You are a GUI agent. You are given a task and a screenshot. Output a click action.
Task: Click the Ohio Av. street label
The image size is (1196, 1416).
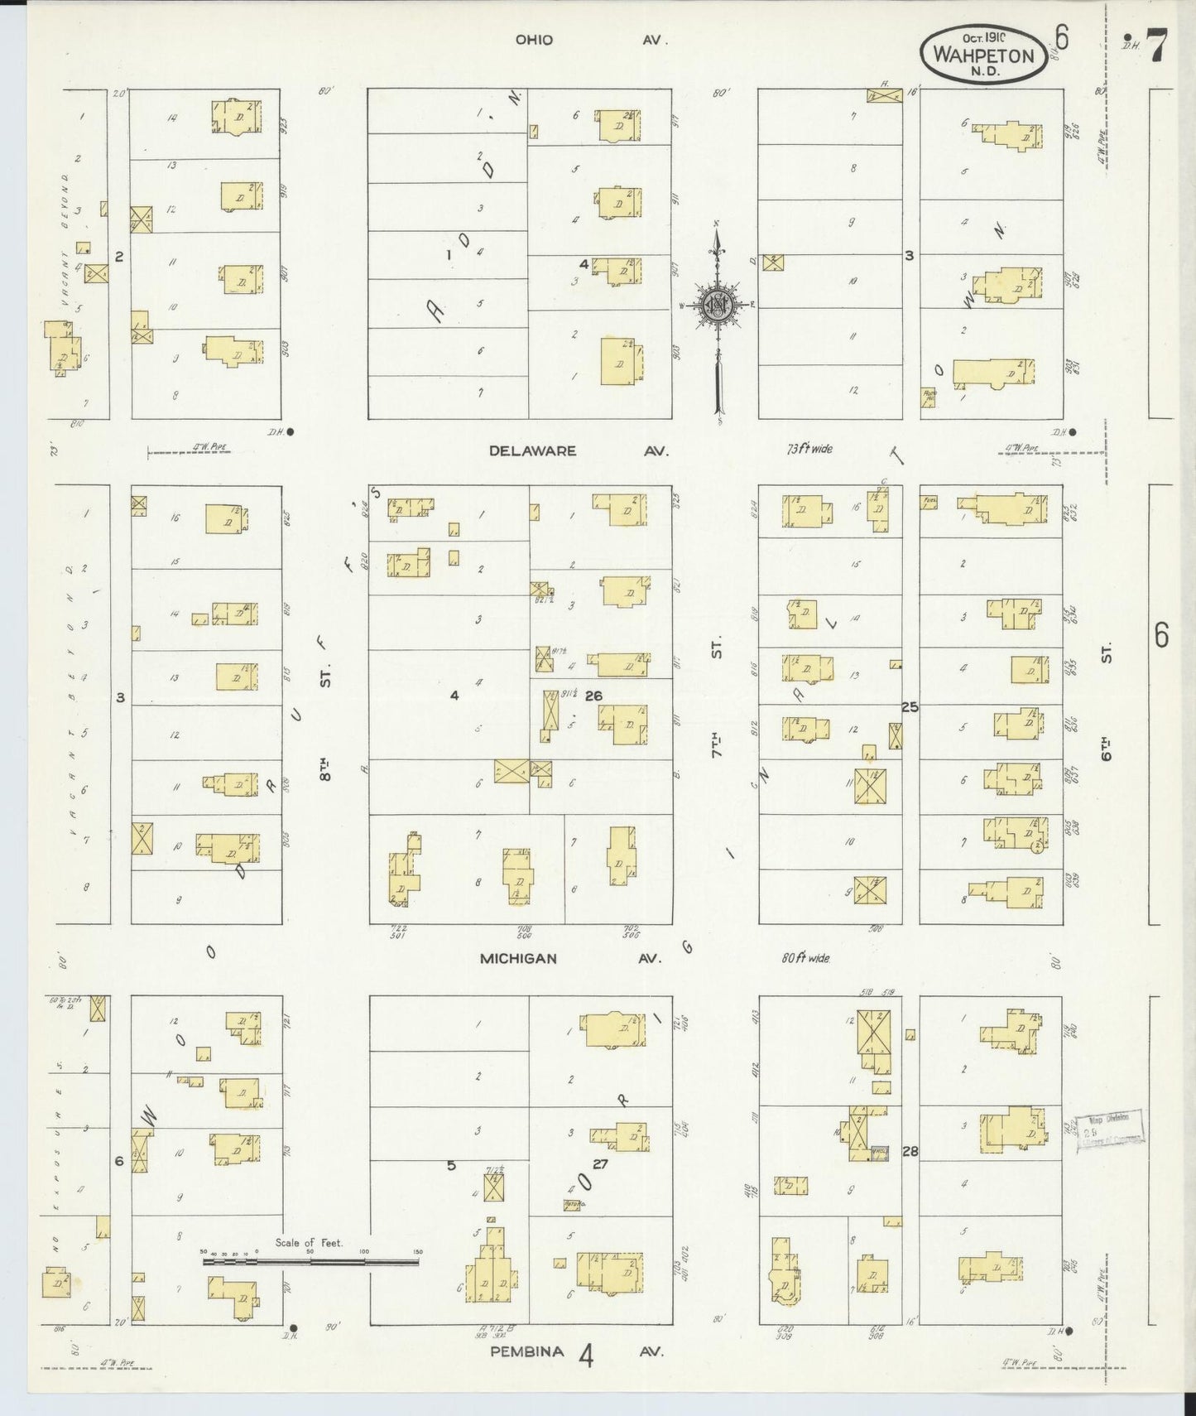pos(590,40)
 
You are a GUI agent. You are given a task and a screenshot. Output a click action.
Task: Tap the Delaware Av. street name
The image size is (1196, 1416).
pos(577,451)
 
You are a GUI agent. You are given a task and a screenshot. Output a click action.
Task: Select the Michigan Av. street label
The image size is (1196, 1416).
pos(570,958)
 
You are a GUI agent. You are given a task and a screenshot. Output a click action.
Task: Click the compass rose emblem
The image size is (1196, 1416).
pos(718,305)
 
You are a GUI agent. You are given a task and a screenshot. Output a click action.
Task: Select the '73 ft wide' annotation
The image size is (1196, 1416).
pos(809,450)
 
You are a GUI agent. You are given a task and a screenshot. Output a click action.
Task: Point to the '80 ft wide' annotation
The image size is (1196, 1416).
pos(805,958)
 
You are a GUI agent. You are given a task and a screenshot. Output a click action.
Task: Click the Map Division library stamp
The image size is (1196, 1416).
pos(1111,1130)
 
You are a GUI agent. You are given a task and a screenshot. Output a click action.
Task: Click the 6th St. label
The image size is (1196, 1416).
pos(1106,704)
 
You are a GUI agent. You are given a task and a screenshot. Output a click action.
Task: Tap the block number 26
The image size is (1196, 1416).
pos(593,696)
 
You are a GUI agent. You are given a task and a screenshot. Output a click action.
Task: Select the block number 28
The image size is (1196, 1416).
pos(910,1151)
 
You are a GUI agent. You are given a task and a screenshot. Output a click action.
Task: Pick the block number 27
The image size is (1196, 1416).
pos(600,1163)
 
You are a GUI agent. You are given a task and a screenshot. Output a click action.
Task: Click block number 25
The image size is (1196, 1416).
pos(910,707)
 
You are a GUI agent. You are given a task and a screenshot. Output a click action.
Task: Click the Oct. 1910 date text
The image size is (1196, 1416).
pos(983,38)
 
